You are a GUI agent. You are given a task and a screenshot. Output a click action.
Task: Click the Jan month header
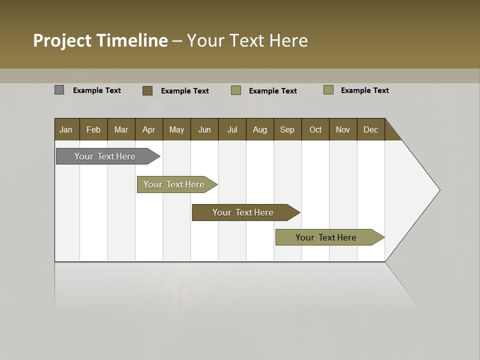pos(66,129)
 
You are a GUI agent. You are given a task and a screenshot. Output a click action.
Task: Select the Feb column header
pos(93,129)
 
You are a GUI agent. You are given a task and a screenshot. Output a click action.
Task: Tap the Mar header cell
pos(121,129)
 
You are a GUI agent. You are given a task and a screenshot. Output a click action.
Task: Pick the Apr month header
pos(149,129)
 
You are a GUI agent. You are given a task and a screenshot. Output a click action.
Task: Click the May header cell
pos(176,129)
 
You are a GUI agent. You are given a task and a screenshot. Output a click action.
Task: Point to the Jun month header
pos(204,129)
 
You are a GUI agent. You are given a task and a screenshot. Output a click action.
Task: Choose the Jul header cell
pos(232,129)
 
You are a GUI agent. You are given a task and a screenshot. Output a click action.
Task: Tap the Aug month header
pos(260,129)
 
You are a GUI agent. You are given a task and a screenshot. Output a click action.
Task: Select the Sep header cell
pos(287,129)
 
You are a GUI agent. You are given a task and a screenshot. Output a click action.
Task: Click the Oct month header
pos(315,129)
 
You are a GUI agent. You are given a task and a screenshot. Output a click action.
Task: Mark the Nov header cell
pos(343,129)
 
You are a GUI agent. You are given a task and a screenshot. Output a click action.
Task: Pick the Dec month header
pos(371,129)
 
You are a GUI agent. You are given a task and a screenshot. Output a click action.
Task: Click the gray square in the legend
pos(59,90)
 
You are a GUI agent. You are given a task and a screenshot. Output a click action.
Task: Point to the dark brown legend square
pos(147,90)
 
